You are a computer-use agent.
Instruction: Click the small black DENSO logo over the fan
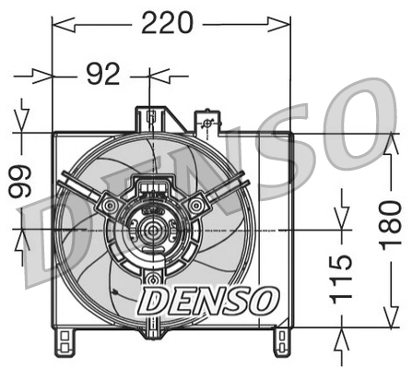click(207, 298)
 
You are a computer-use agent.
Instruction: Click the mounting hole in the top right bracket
click(208, 124)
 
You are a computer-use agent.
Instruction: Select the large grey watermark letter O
click(359, 111)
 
